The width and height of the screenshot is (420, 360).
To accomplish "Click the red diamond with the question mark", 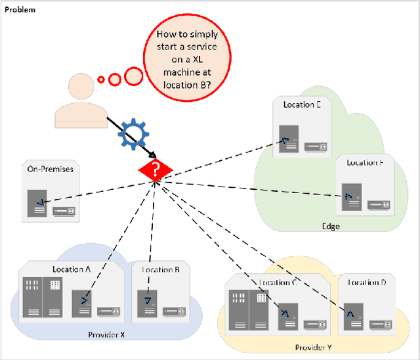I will pos(155,171).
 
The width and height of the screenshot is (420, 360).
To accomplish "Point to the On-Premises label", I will pos(50,169).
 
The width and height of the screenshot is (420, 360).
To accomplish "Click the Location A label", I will pos(72,269).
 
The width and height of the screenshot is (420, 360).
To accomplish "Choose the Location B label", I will pos(161,269).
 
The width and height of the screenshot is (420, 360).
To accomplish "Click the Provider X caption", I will pos(106,334).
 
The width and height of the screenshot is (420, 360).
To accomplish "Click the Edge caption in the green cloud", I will pos(331,226).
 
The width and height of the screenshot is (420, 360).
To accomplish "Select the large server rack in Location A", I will pos(43,296).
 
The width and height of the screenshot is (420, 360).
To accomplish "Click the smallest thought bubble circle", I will pos(100,80).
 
